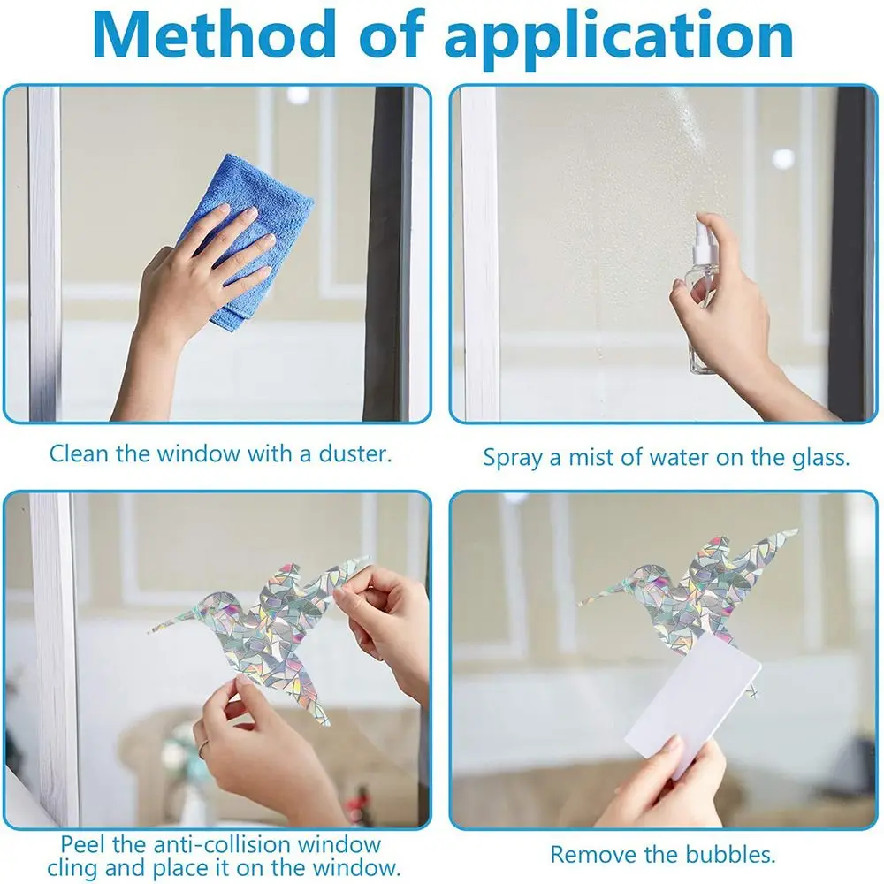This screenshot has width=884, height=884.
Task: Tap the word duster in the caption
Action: tap(346, 454)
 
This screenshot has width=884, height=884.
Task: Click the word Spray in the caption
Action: tap(512, 458)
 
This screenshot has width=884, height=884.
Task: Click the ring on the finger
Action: tap(202, 747)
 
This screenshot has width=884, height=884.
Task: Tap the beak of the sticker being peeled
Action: tap(164, 627)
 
